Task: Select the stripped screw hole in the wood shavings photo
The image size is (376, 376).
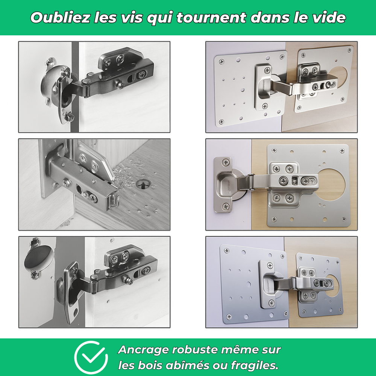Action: (x=144, y=184)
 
